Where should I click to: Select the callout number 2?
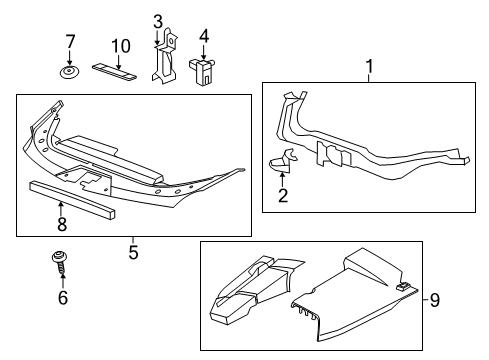282,196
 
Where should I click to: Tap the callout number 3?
158,21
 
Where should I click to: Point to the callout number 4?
203,38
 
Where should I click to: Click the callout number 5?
133,252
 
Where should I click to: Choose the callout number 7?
69,42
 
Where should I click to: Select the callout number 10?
120,46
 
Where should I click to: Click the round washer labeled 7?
69,73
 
